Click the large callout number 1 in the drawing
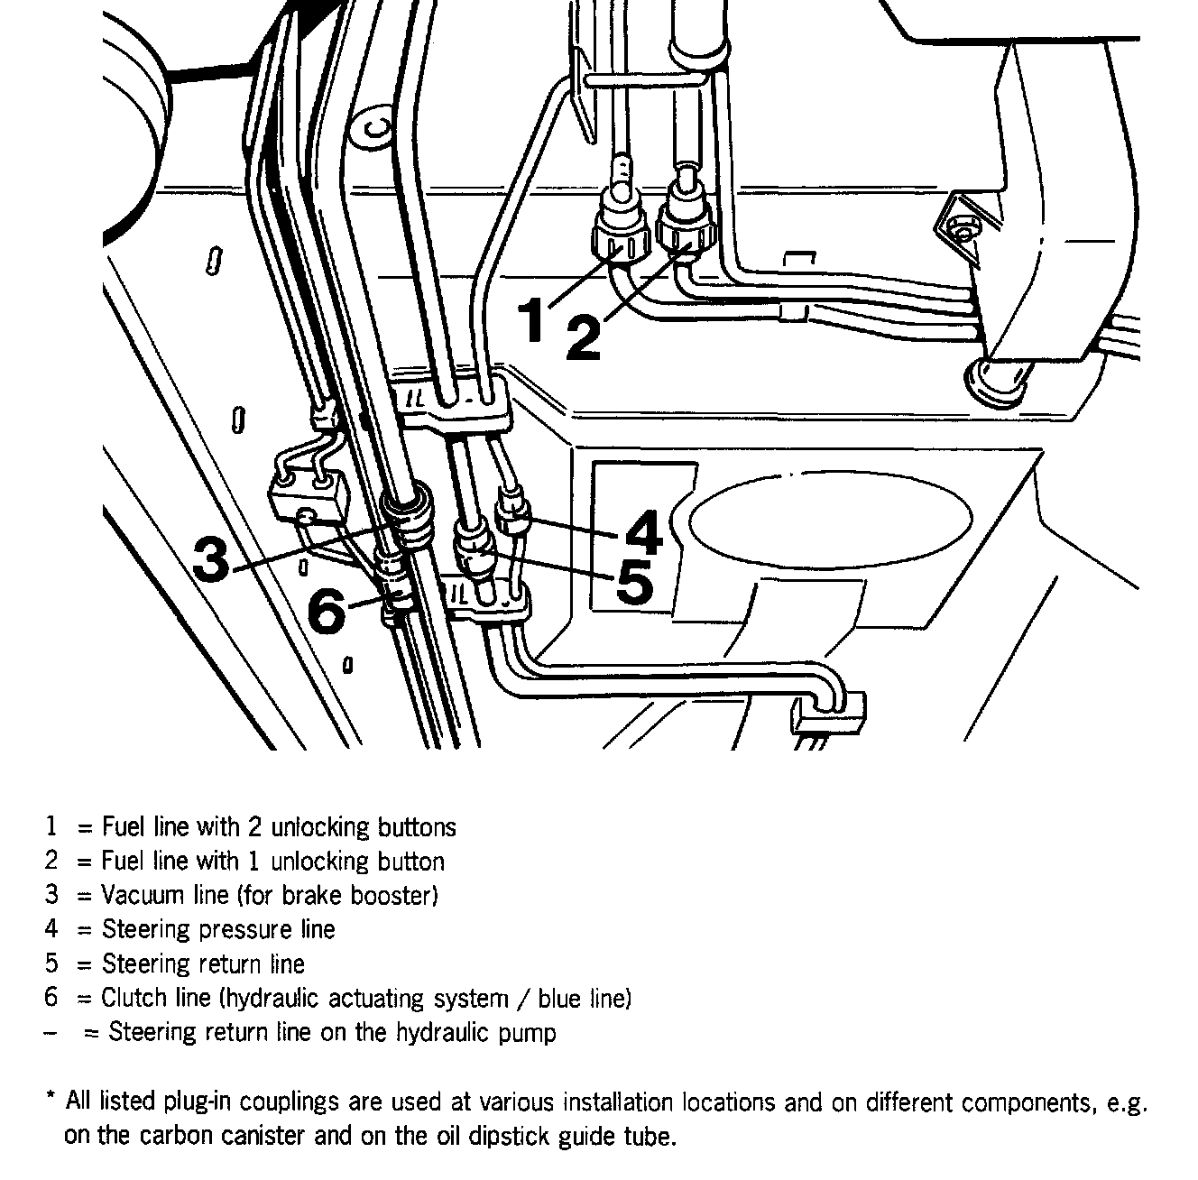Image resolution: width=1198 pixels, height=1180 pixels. pos(531,321)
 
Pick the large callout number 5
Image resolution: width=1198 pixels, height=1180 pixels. pos(634,582)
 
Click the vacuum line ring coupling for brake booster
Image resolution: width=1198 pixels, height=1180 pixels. pos(408,521)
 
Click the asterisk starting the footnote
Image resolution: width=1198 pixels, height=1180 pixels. pos(51,1101)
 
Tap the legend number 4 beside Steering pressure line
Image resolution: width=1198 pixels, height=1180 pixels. pos(51,929)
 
